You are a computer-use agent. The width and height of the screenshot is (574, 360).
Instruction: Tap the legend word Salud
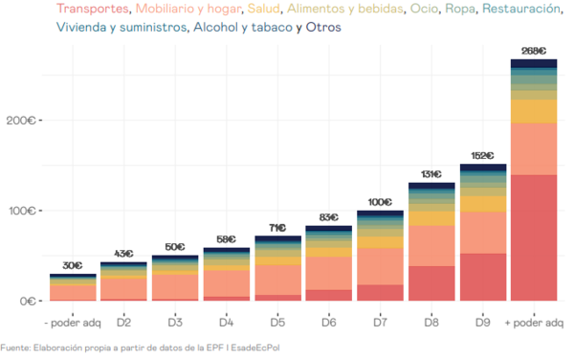264,10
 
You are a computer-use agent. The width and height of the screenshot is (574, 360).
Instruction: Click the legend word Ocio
425,10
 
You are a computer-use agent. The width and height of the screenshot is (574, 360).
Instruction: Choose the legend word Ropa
461,10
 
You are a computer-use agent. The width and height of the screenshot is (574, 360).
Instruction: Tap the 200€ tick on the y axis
20,121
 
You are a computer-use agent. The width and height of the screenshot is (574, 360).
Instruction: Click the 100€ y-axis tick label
20,211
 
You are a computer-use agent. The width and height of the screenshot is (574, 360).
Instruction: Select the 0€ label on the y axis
27,301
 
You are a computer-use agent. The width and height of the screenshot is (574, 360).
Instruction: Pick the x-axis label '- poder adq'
73,324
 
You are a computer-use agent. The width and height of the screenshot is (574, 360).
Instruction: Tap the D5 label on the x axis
277,324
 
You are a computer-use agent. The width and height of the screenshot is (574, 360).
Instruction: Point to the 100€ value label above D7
379,202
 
